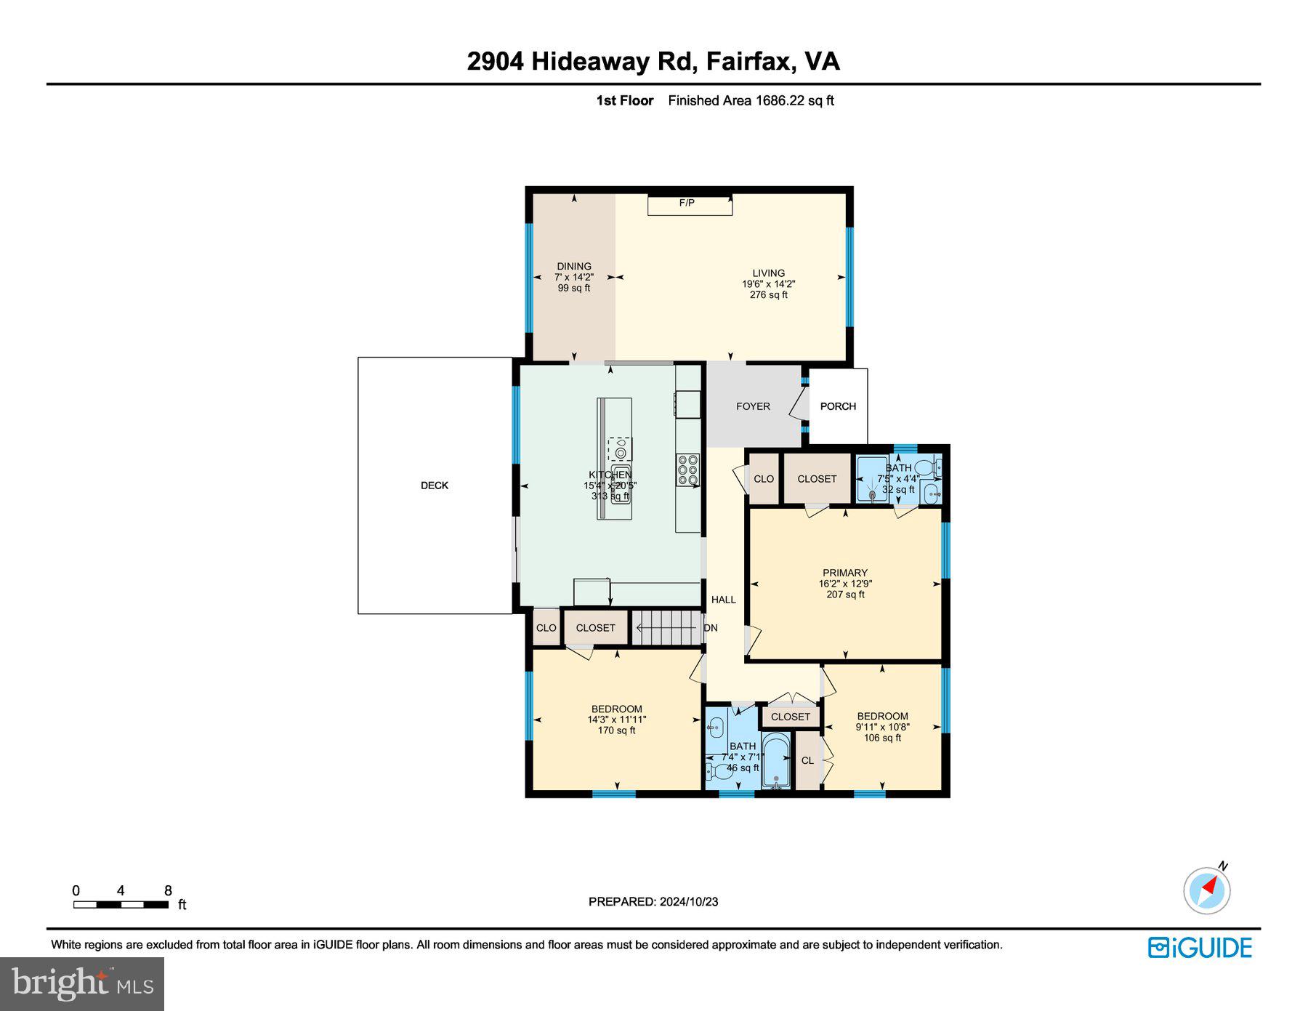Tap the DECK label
pyautogui.click(x=435, y=486)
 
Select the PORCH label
pyautogui.click(x=838, y=406)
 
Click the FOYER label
pyautogui.click(x=753, y=406)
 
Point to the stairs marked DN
pyautogui.click(x=666, y=627)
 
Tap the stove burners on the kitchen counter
pyautogui.click(x=687, y=470)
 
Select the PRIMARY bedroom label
pyautogui.click(x=845, y=573)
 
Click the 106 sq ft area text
pyautogui.click(x=882, y=738)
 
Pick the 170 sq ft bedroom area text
pyautogui.click(x=616, y=730)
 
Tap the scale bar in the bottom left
pyautogui.click(x=121, y=904)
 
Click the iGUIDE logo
pyautogui.click(x=1200, y=948)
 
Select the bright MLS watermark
pyautogui.click(x=82, y=984)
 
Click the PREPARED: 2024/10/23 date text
pyautogui.click(x=653, y=901)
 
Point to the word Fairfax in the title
pyautogui.click(x=749, y=61)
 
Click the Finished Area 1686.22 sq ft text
pyautogui.click(x=751, y=100)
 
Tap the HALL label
pyautogui.click(x=723, y=600)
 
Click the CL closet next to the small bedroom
pyautogui.click(x=807, y=760)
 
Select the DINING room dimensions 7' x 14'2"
pyautogui.click(x=574, y=277)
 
